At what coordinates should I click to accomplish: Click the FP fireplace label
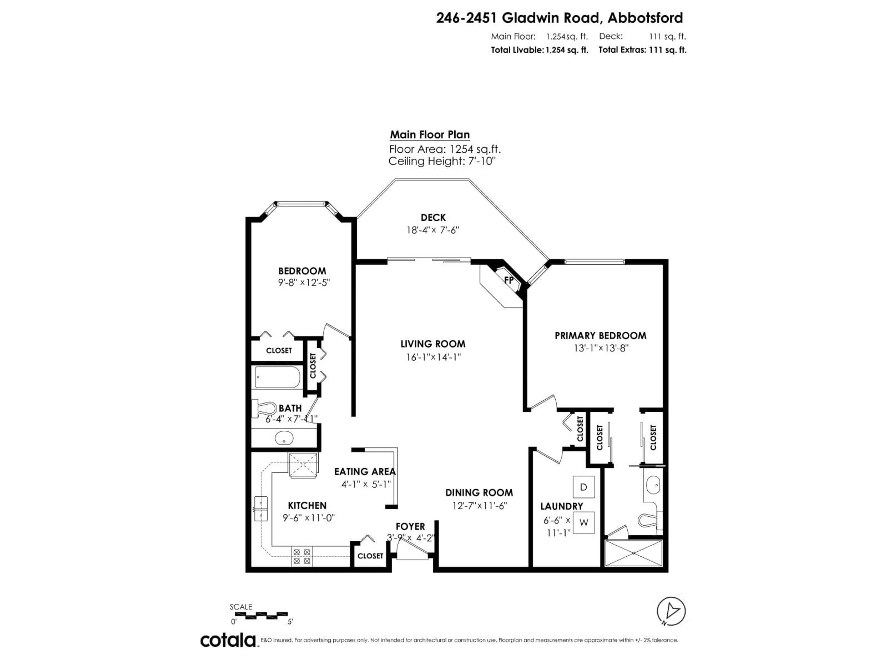509,281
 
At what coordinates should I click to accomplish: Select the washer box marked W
584,523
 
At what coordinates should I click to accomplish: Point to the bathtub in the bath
277,377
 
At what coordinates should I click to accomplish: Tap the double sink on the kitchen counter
261,509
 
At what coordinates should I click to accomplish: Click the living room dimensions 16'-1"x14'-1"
433,357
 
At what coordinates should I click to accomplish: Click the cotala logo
228,640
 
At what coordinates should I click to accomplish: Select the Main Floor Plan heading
430,135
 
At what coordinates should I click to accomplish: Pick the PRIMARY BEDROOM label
600,336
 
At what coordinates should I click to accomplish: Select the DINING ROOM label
479,493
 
